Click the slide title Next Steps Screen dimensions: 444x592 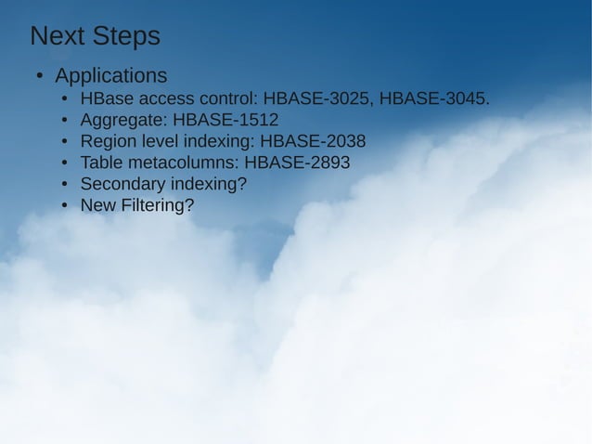pyautogui.click(x=95, y=36)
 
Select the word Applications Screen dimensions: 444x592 pyautogui.click(x=110, y=75)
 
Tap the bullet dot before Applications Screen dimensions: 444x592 pyautogui.click(x=40, y=76)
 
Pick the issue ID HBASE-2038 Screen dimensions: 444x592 pyautogui.click(x=313, y=141)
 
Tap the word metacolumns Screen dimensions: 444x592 pyautogui.click(x=179, y=163)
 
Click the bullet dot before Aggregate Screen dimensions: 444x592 pyautogui.click(x=64, y=121)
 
